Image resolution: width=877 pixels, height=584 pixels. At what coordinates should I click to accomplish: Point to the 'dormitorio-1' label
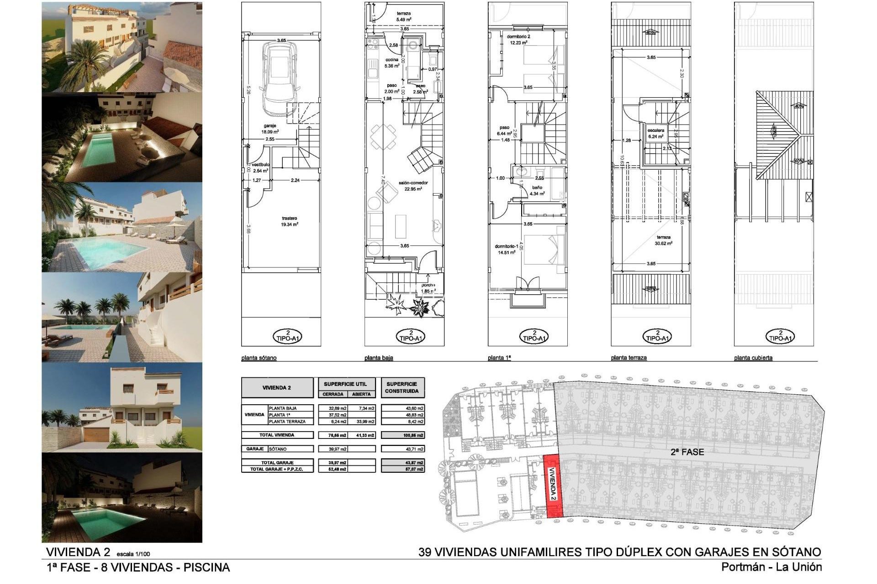pyautogui.click(x=506, y=246)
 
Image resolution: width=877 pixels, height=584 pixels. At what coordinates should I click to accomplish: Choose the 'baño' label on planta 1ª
pyautogui.click(x=537, y=188)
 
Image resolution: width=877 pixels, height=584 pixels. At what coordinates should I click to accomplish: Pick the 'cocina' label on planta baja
pyautogui.click(x=391, y=60)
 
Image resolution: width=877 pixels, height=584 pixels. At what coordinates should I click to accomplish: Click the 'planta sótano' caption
pyautogui.click(x=259, y=358)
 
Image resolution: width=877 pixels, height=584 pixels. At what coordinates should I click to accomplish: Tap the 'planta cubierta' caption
pyautogui.click(x=753, y=358)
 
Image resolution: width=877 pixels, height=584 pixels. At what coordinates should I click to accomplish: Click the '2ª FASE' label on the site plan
pyautogui.click(x=687, y=452)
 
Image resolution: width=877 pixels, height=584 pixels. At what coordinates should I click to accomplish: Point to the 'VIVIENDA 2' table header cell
pyautogui.click(x=277, y=388)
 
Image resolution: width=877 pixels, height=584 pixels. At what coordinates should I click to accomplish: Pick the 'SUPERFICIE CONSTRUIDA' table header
pyautogui.click(x=402, y=388)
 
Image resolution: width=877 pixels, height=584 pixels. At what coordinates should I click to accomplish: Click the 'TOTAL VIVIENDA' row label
pyautogui.click(x=277, y=435)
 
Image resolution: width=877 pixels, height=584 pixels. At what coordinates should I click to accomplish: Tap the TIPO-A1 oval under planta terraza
pyautogui.click(x=657, y=337)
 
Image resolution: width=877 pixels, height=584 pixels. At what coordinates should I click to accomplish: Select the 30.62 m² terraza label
pyautogui.click(x=664, y=240)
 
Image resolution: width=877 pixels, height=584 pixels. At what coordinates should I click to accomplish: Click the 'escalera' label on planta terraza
pyautogui.click(x=655, y=130)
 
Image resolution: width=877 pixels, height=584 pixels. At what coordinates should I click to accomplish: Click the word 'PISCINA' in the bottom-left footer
pyautogui.click(x=206, y=568)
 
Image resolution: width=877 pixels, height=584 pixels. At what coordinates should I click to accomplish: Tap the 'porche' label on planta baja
pyautogui.click(x=428, y=285)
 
